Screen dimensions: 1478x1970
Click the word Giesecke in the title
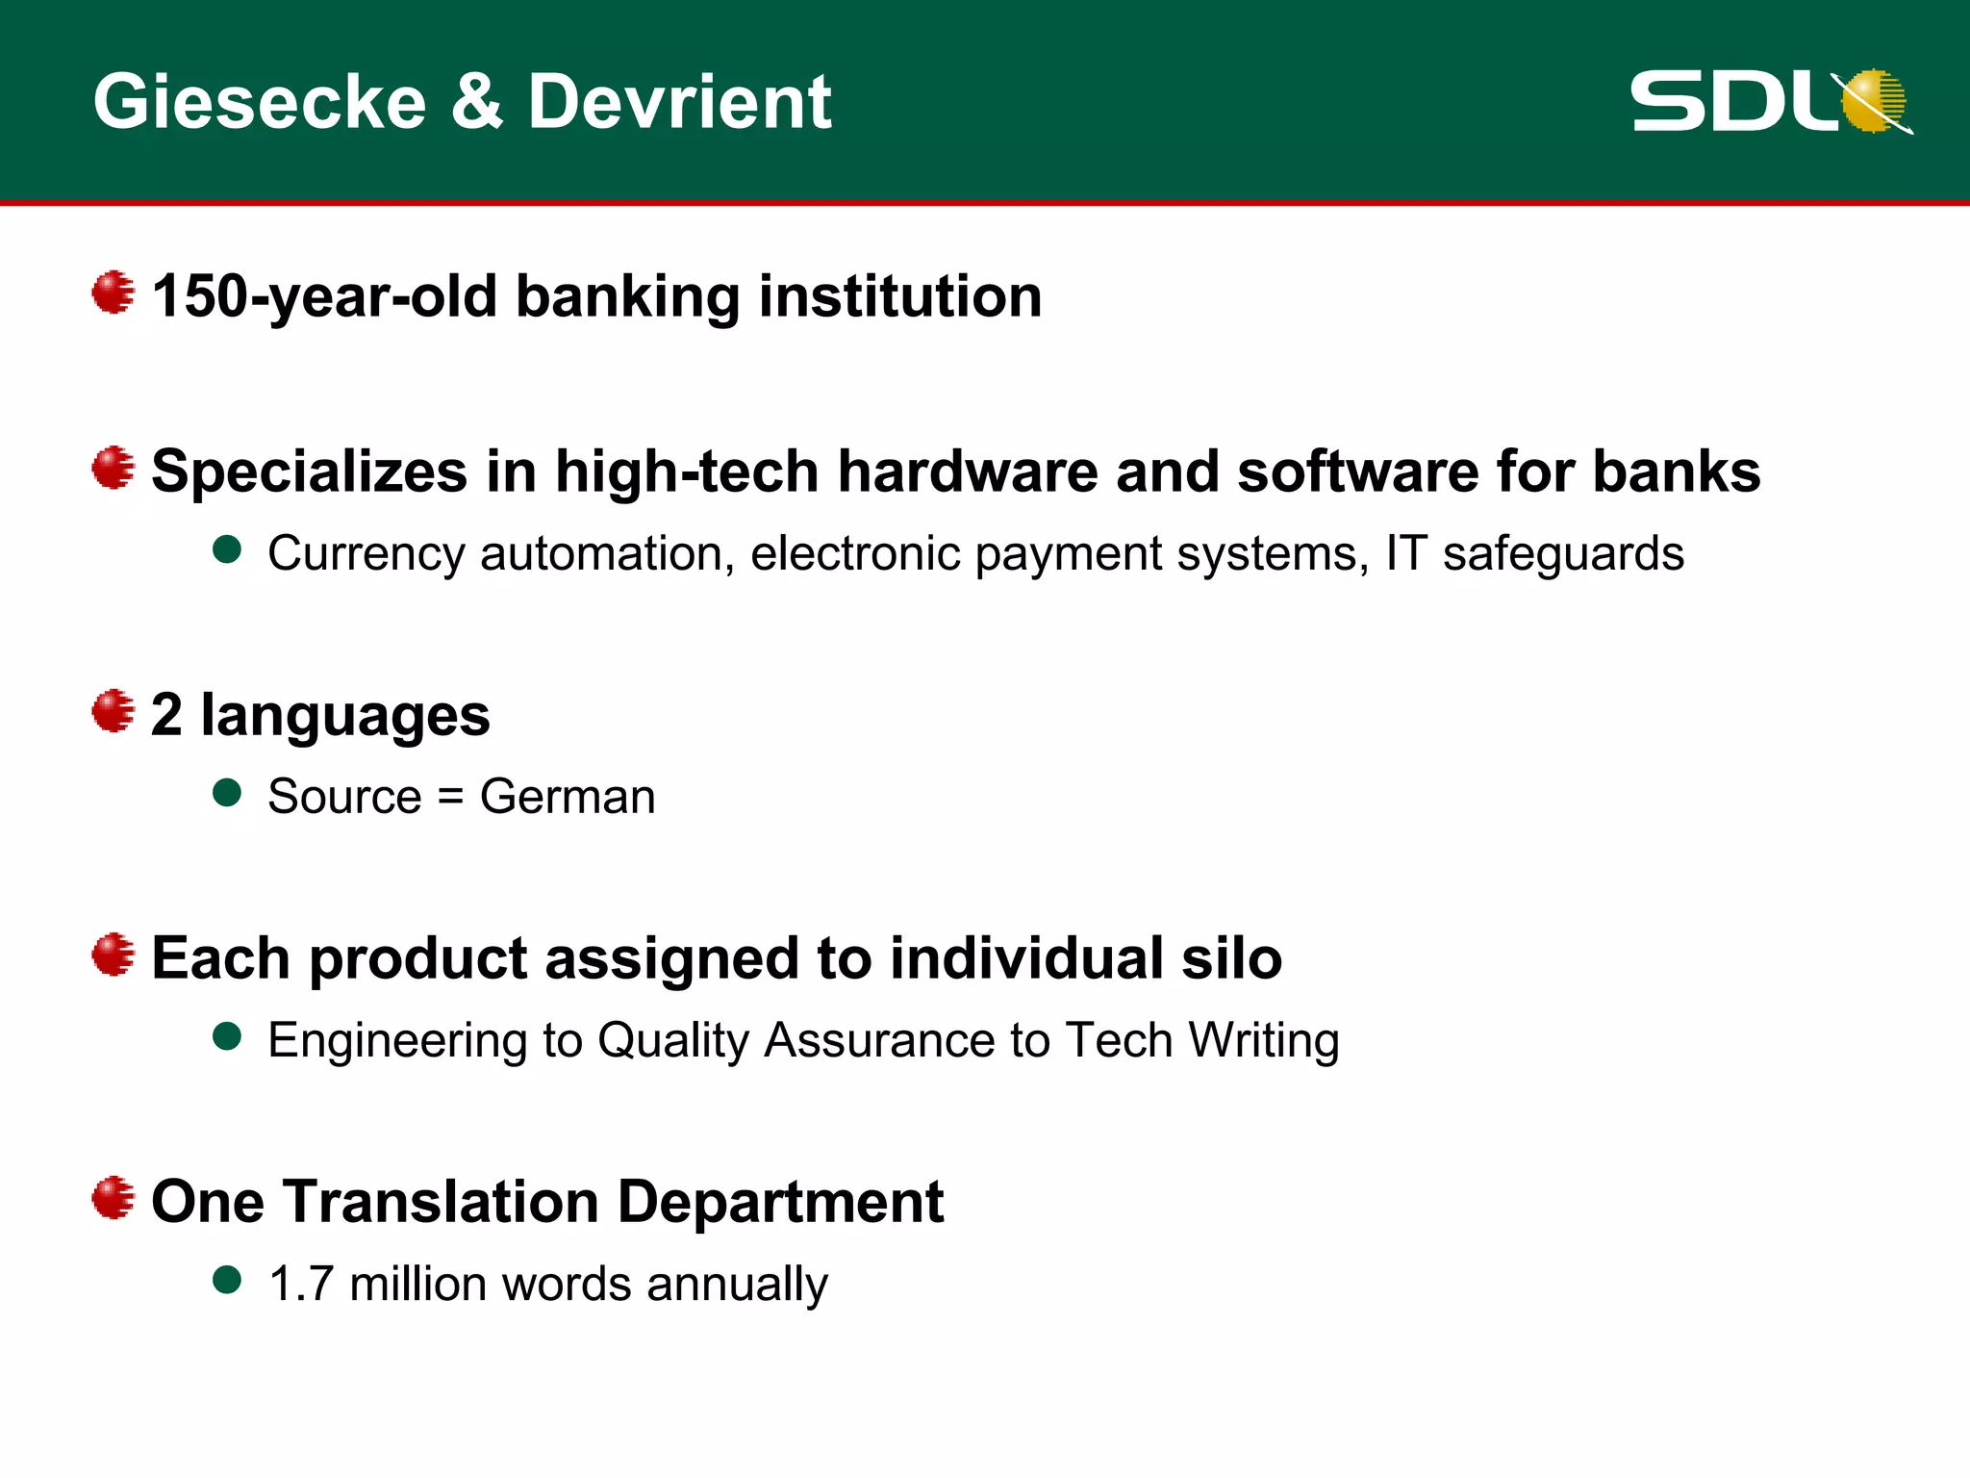pyautogui.click(x=260, y=102)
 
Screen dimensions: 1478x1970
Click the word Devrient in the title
pyautogui.click(x=679, y=102)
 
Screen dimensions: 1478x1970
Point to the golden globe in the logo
pyautogui.click(x=1874, y=100)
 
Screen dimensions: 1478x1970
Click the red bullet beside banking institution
pyautogui.click(x=114, y=292)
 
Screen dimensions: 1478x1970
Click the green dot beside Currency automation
pyautogui.click(x=227, y=550)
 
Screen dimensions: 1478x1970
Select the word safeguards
pyautogui.click(x=1563, y=554)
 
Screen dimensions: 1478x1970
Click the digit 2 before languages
pyautogui.click(x=166, y=716)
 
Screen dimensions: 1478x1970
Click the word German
pyautogui.click(x=568, y=797)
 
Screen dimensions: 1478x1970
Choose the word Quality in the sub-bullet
pyautogui.click(x=673, y=1041)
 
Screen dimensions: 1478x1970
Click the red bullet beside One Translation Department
pyautogui.click(x=114, y=1198)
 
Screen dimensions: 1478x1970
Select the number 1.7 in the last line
pyautogui.click(x=301, y=1285)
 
